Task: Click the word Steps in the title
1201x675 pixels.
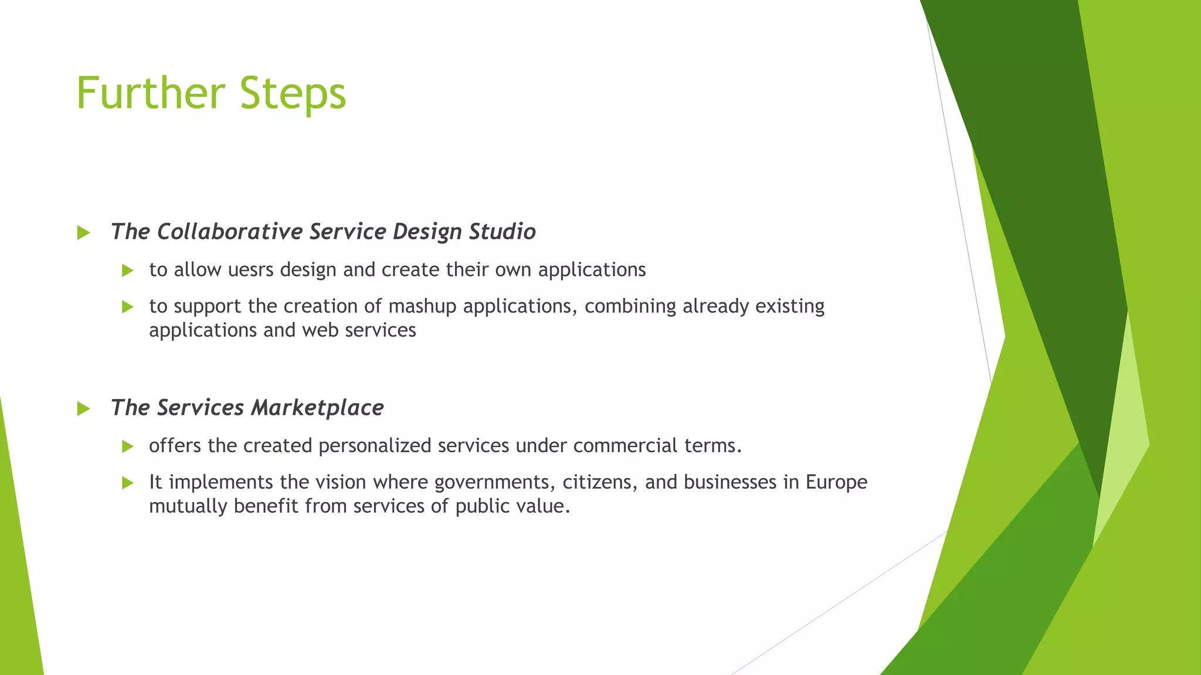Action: pos(293,94)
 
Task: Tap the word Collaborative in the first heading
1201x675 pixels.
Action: pos(229,231)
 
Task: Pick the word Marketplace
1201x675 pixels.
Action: pos(317,408)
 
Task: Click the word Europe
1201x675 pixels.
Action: pos(836,482)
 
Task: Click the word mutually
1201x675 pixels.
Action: pos(188,506)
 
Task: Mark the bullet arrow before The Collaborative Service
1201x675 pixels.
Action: pos(83,233)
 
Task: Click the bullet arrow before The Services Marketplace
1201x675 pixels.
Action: pos(83,409)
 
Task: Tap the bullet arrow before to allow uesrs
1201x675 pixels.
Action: pos(128,271)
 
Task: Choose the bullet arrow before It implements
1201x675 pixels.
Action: pos(128,483)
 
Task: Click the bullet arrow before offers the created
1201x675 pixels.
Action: pos(128,447)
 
